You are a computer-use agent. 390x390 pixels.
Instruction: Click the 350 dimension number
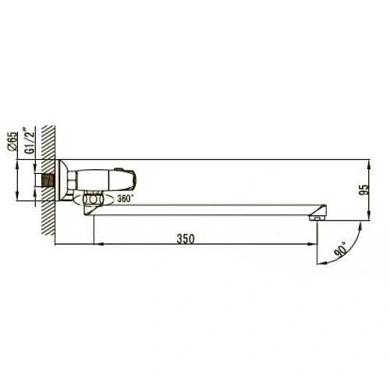coord(185,236)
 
